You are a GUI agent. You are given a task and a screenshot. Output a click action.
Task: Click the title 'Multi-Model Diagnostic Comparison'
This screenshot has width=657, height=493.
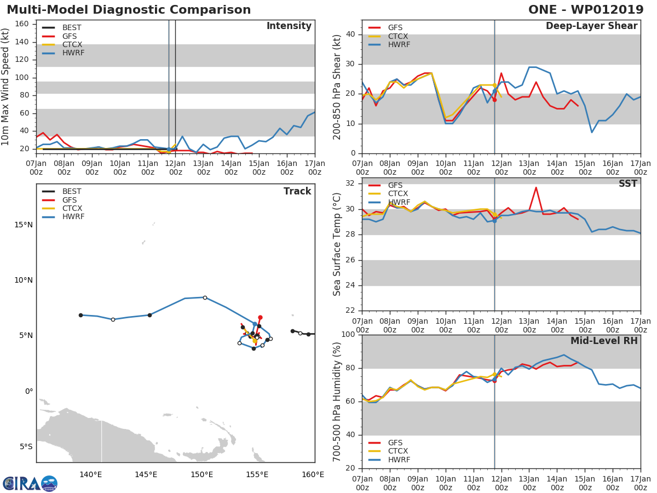pos(129,10)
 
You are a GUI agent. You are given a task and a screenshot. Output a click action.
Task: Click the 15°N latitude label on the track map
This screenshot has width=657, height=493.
pos(23,225)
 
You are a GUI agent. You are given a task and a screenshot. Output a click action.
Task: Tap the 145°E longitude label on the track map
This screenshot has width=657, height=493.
pos(146,474)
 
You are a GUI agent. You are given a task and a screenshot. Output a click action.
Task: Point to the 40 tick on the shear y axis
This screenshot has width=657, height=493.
pos(351,35)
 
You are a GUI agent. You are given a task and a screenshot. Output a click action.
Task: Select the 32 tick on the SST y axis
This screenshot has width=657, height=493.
pos(351,184)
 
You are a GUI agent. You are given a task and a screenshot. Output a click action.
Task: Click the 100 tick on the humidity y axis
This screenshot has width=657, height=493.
pos(349,335)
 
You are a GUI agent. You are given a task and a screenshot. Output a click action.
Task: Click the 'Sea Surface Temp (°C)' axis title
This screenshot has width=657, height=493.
pos(337,244)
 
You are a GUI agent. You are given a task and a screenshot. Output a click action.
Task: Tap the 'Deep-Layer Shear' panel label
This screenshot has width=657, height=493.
pos(591,26)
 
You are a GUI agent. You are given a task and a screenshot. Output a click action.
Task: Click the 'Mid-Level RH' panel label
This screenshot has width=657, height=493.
pos(604,341)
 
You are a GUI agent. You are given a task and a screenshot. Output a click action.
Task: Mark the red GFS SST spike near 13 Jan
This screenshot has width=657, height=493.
pos(535,188)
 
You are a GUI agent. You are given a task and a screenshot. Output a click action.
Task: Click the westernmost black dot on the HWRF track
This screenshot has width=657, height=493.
pos(80,315)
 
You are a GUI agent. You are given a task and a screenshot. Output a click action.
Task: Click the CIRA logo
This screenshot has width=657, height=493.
pos(30,483)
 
